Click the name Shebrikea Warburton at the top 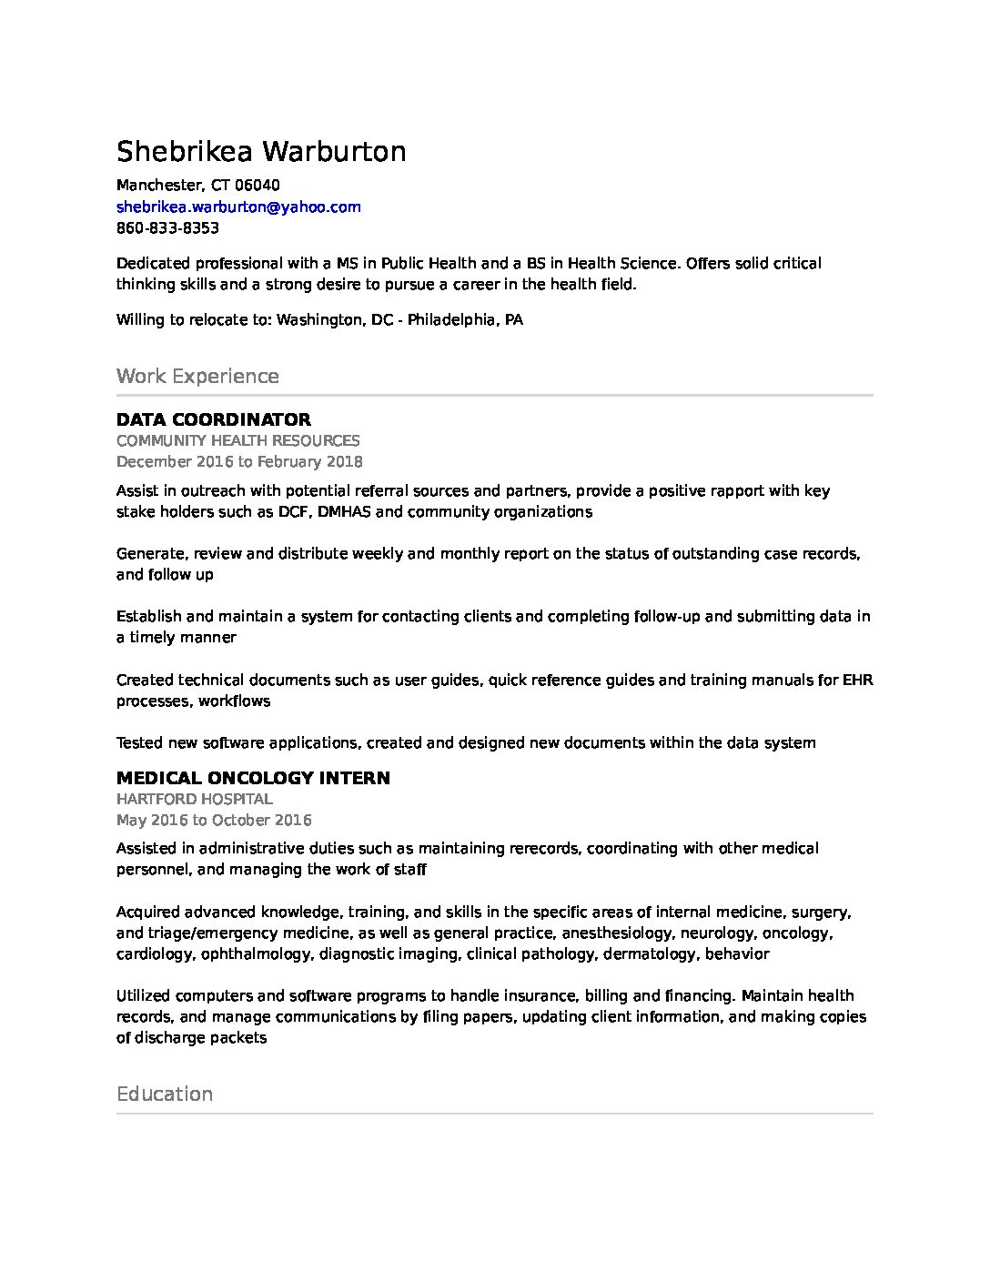point(261,151)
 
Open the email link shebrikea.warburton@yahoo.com point(238,207)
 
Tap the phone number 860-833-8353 point(167,227)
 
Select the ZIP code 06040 point(258,186)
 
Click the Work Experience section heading point(197,376)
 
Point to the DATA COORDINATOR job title point(214,419)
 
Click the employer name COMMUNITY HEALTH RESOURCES point(237,440)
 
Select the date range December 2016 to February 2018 point(239,461)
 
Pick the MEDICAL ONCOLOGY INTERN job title point(253,778)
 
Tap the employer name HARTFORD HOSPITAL point(195,799)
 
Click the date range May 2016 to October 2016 point(214,820)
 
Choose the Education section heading point(165,1094)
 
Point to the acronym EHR point(858,680)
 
